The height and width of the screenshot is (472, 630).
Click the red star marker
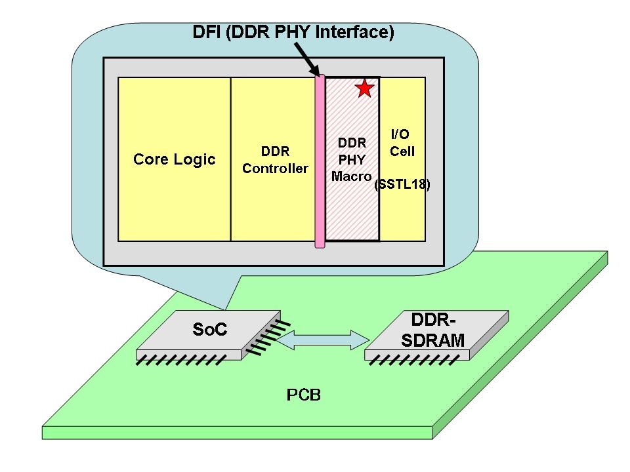click(364, 88)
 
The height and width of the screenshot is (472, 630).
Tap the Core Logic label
click(174, 159)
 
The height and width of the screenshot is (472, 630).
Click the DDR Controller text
click(275, 159)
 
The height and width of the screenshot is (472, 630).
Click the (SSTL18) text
click(402, 186)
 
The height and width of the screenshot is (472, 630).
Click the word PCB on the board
click(304, 395)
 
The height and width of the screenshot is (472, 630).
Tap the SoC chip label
click(210, 329)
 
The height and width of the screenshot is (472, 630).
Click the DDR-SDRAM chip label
click(437, 330)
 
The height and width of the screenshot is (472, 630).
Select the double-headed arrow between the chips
click(320, 340)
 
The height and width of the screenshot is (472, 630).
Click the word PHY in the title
click(291, 31)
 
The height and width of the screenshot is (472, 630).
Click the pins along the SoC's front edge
click(182, 360)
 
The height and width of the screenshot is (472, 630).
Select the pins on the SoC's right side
click(264, 338)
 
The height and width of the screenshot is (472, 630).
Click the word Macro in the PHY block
click(351, 176)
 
